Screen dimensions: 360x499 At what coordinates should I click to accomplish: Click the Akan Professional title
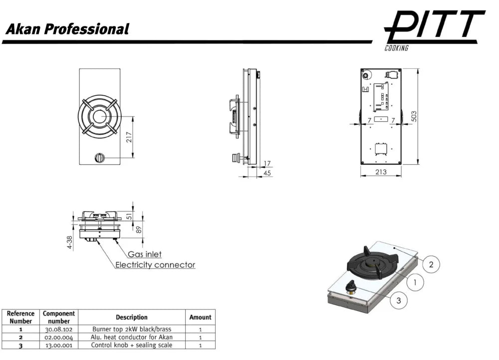(x=67, y=29)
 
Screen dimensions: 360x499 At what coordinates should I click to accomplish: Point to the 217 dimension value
(x=130, y=137)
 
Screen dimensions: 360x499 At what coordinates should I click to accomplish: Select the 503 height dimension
(x=414, y=116)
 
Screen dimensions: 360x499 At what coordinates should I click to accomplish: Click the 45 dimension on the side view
(x=267, y=173)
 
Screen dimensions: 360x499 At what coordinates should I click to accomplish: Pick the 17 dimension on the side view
(x=267, y=163)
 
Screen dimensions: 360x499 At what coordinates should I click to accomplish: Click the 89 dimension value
(x=139, y=229)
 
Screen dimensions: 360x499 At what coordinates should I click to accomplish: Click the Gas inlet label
(x=145, y=255)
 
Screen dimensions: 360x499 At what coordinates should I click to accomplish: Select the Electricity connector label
(x=155, y=265)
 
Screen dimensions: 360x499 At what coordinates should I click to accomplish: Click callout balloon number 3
(x=399, y=300)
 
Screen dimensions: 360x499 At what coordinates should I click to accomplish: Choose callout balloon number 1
(x=414, y=283)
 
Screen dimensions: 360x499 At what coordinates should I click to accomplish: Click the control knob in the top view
(x=99, y=158)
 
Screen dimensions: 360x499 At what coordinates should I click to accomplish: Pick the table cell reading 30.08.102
(x=58, y=330)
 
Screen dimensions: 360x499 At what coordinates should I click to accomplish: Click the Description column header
(x=132, y=317)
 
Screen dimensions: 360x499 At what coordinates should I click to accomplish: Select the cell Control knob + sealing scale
(x=132, y=345)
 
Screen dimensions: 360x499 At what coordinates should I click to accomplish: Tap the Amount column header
(x=200, y=317)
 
